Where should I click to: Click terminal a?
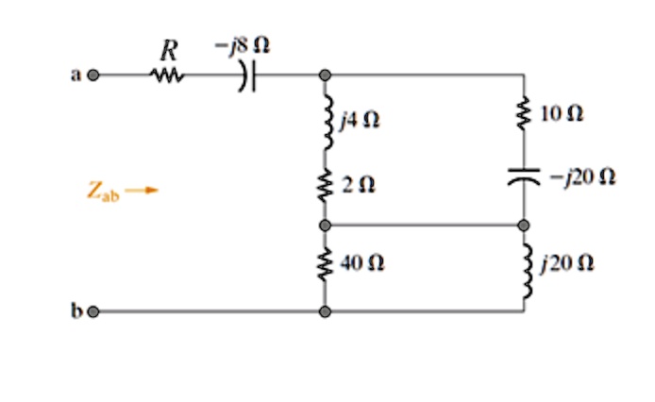coord(92,75)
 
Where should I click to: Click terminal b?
coord(92,310)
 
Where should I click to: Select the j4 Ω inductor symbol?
coord(325,122)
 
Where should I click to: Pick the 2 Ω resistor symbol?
coord(325,185)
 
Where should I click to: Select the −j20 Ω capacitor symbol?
coord(525,175)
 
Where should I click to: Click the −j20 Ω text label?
coord(583,175)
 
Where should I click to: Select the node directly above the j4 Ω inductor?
coord(325,75)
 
